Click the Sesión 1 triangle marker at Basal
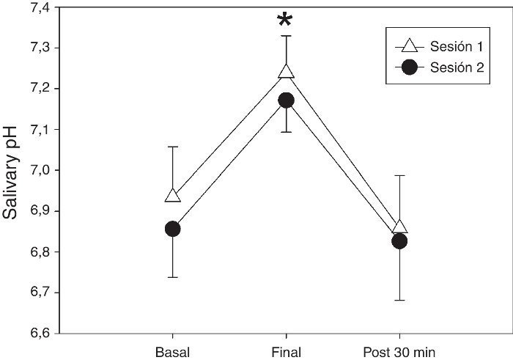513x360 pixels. pyautogui.click(x=173, y=196)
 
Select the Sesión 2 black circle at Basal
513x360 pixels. pyautogui.click(x=173, y=229)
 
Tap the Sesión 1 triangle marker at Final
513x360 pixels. pyautogui.click(x=286, y=71)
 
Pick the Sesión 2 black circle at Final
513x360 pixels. pyautogui.click(x=286, y=100)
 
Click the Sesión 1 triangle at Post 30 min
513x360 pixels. pyautogui.click(x=399, y=227)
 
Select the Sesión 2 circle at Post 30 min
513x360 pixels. pyautogui.click(x=399, y=240)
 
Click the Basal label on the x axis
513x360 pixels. pyautogui.click(x=173, y=350)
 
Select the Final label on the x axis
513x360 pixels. pyautogui.click(x=286, y=350)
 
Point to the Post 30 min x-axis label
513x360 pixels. pyautogui.click(x=399, y=350)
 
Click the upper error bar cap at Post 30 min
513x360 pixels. pyautogui.click(x=399, y=175)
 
